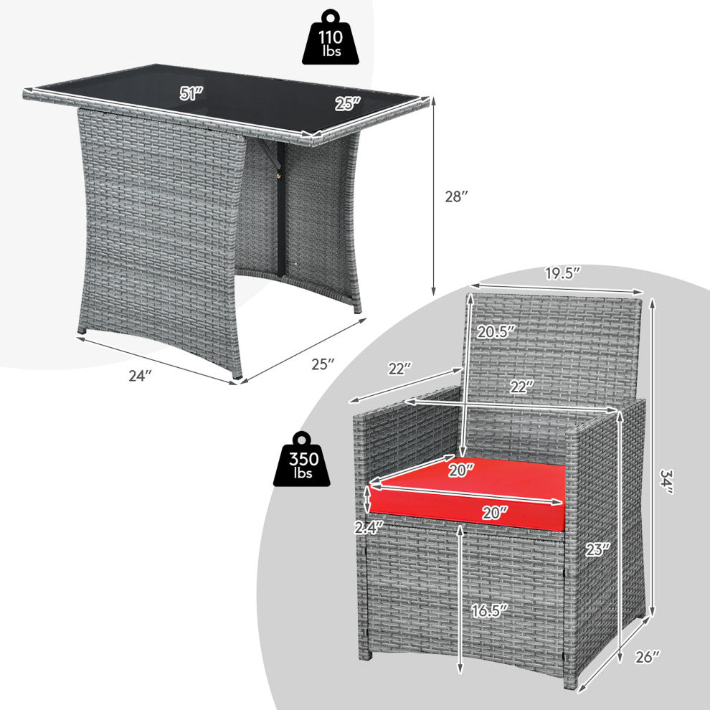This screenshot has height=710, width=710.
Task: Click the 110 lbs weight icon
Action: pos(331,37)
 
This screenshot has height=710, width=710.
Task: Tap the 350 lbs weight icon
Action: pos(301,459)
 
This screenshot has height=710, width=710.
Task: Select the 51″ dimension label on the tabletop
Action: pos(191,93)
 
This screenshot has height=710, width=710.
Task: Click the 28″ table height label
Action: pos(456,197)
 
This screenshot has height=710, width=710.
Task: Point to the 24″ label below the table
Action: pos(139,375)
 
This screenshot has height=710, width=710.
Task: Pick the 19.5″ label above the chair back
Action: pos(562,273)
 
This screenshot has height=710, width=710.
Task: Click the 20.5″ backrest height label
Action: pos(496,332)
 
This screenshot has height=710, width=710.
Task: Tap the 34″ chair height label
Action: pos(667,481)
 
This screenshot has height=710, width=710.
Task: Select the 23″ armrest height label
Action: pos(597,549)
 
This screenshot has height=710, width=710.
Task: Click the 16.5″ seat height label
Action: pos(489,611)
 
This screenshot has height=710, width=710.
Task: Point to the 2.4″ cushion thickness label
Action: pos(369,528)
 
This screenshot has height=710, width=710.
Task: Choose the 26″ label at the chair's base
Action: pos(648,657)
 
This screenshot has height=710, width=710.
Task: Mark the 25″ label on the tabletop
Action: pos(349,104)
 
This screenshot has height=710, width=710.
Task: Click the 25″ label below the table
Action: pos(323,364)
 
